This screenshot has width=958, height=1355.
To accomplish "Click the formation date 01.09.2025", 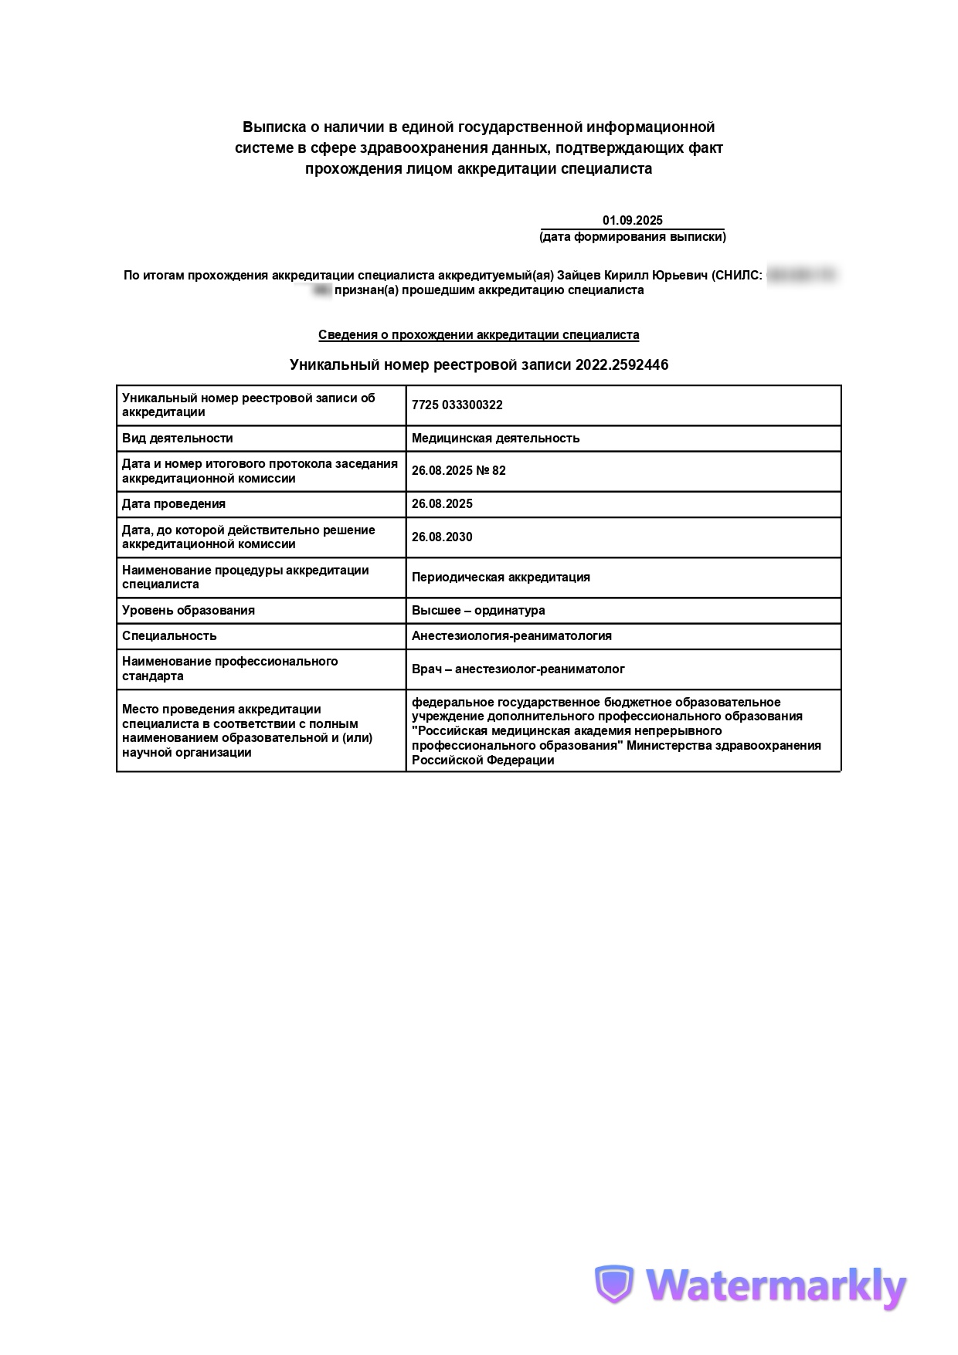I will click(x=632, y=221).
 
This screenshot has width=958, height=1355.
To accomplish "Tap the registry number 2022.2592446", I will click(x=621, y=365).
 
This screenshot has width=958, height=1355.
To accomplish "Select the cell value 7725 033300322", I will click(x=457, y=405).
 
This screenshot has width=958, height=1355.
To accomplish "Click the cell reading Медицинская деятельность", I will click(x=495, y=439).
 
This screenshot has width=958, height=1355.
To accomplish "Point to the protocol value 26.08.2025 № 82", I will click(x=458, y=471).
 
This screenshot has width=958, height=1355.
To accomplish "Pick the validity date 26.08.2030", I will click(x=442, y=537).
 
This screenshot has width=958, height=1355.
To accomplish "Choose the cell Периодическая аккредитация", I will click(x=501, y=578).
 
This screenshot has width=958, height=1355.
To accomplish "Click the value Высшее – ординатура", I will click(x=478, y=611).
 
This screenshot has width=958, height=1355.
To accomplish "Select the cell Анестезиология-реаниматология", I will click(x=511, y=636).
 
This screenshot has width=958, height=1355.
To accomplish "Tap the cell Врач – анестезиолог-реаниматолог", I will click(x=518, y=669).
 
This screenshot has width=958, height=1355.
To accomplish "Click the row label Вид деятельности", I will click(x=177, y=439).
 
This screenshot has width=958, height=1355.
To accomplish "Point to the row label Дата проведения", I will click(x=174, y=504).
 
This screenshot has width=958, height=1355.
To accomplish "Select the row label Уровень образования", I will click(x=188, y=611).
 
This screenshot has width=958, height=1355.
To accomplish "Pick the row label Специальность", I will click(x=169, y=636).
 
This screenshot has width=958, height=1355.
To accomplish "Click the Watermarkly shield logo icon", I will click(x=613, y=1286).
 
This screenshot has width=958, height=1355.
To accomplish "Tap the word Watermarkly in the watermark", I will click(x=776, y=1287).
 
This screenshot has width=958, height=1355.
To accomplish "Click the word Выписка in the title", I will click(x=270, y=127).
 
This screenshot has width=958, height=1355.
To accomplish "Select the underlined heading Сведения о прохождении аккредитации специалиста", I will click(x=478, y=335).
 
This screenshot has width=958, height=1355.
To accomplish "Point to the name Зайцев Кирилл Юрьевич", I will click(x=632, y=276).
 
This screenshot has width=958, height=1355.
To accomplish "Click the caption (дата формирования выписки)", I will click(x=632, y=237).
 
